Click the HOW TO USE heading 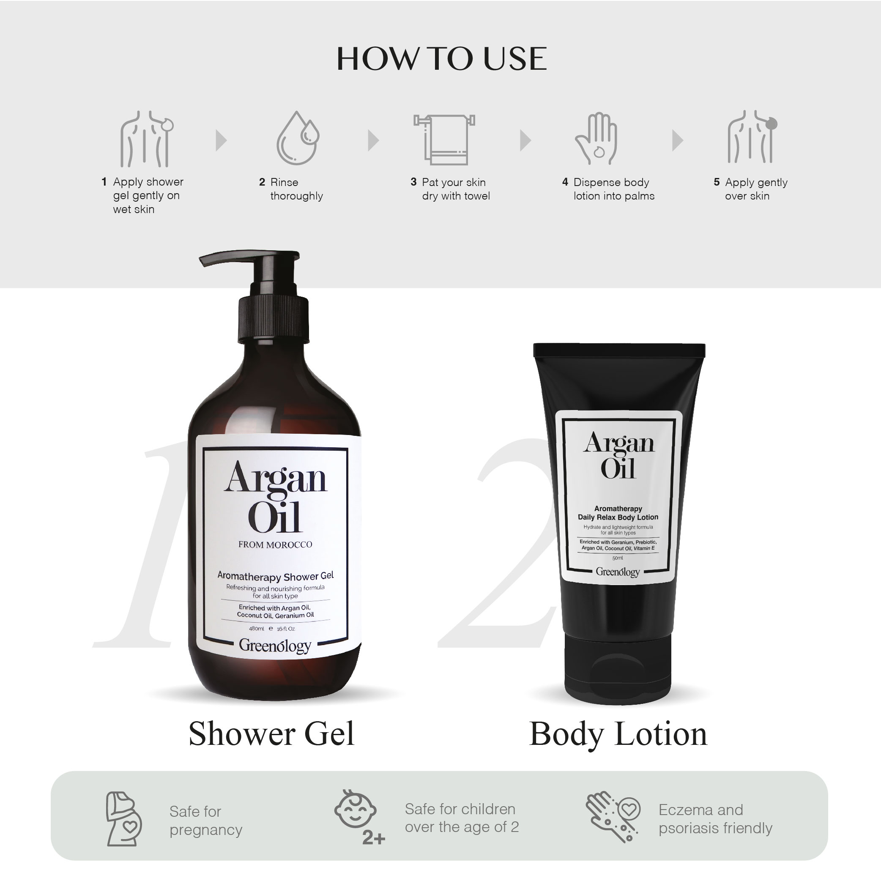tap(441, 59)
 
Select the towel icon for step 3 tap(444, 139)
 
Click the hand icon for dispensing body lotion tap(596, 139)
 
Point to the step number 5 tap(717, 182)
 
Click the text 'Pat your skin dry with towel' tap(455, 189)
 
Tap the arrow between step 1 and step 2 tap(221, 140)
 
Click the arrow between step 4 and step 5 tap(678, 140)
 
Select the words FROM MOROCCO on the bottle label tap(275, 544)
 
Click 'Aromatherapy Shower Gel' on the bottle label tap(276, 576)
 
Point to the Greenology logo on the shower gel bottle tap(275, 646)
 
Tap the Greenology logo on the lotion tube tap(618, 572)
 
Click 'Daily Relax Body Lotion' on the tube tap(618, 517)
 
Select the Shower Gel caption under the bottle tap(271, 734)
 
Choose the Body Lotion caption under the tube tap(618, 734)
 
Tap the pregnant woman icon tap(123, 819)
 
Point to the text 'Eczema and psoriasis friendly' tap(715, 818)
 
